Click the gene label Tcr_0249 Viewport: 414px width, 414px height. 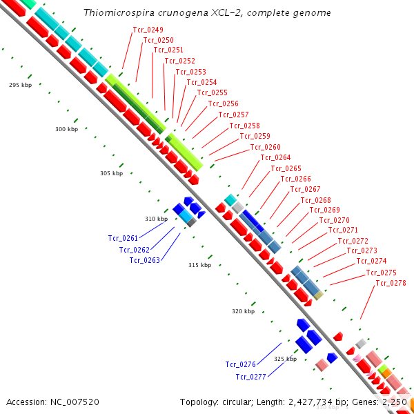tap(148, 30)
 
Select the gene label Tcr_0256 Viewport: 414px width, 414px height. tap(223, 103)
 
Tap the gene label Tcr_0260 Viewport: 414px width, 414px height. tap(265, 147)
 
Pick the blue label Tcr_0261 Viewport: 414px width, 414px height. tap(124, 238)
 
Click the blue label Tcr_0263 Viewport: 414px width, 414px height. tap(145, 260)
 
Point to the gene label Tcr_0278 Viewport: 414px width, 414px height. tap(391, 283)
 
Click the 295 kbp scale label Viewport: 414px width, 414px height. tap(20, 85)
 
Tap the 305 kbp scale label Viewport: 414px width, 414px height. tap(111, 173)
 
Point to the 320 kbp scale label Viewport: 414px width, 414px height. tap(243, 311)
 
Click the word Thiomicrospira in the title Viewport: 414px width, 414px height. tap(114, 13)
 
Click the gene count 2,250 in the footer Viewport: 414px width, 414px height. tap(394, 402)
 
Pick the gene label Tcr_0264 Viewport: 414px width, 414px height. tap(275, 157)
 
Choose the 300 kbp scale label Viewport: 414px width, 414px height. tap(67, 129)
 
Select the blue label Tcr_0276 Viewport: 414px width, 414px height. tap(241, 364)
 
